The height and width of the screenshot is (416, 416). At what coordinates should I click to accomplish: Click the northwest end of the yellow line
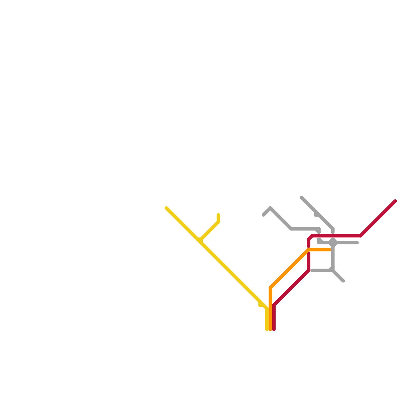tap(166, 208)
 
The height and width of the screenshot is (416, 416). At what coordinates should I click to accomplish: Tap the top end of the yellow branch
tap(218, 215)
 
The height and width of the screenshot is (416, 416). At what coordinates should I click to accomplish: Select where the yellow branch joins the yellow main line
tap(200, 240)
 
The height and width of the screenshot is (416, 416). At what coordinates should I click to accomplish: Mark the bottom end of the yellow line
tap(267, 330)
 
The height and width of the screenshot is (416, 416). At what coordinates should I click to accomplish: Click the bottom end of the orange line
tap(270, 330)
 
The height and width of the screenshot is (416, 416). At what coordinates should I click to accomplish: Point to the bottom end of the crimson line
tap(274, 330)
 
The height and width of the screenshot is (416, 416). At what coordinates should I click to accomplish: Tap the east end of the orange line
tap(329, 250)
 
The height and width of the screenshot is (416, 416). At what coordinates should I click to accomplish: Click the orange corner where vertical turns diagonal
tap(270, 288)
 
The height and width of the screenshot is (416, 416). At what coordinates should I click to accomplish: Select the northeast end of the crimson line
tap(395, 201)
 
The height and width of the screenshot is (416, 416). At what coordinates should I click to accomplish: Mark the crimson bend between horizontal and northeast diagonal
tap(361, 236)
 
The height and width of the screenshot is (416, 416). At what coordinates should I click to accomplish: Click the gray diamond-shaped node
tap(333, 243)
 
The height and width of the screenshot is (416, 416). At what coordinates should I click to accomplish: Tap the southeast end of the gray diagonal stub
tap(343, 281)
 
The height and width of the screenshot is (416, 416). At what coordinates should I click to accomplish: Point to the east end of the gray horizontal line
tap(357, 243)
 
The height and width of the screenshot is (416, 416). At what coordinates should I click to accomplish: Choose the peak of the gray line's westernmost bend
tap(271, 208)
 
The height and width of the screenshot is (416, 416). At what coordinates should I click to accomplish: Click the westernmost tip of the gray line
tap(263, 215)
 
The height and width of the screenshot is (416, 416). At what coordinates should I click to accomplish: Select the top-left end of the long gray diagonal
tap(302, 198)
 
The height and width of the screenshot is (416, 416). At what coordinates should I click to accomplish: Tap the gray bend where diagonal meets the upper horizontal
tap(291, 229)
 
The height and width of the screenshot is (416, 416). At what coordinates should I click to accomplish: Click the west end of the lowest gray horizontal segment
tap(312, 271)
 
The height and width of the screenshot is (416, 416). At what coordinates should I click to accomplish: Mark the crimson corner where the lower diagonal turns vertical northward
tap(309, 271)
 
